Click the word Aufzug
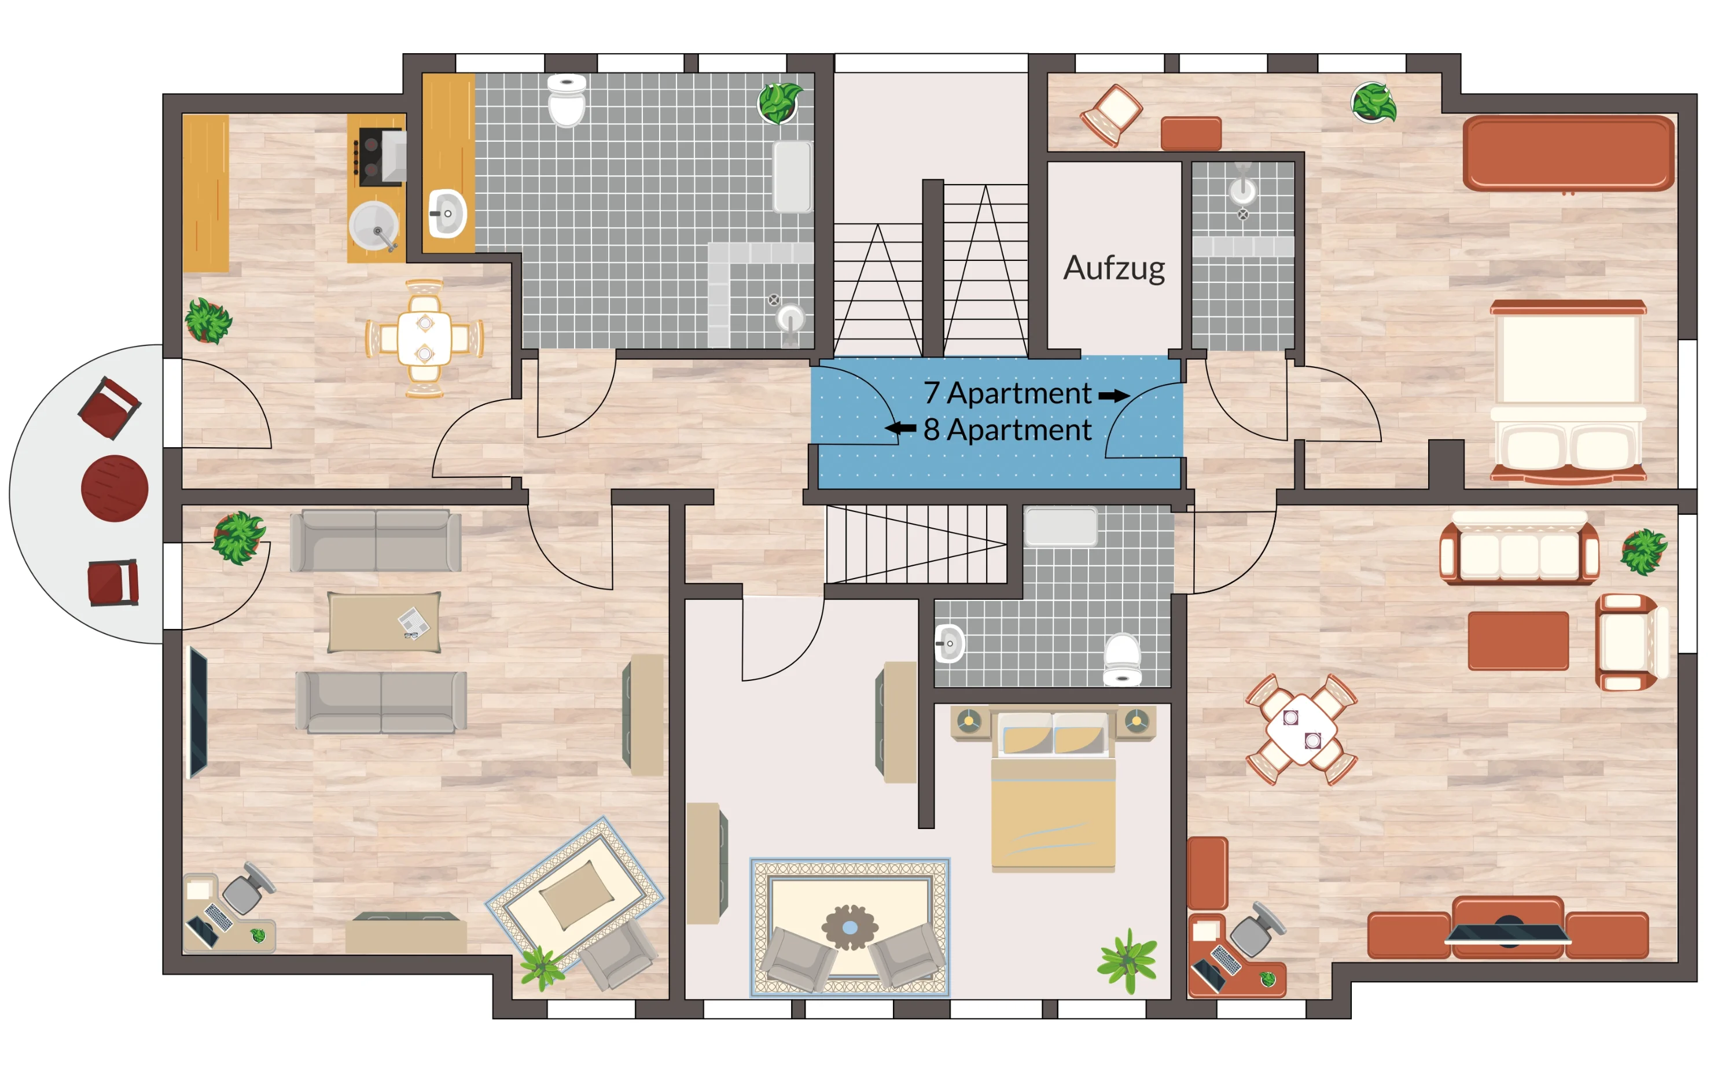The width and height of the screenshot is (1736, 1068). tap(1114, 269)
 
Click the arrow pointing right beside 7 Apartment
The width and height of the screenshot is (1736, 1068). tap(1114, 396)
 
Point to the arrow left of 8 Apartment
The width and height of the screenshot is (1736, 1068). tap(900, 428)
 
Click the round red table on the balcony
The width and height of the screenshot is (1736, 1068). tap(115, 488)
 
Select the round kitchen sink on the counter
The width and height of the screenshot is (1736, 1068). tap(374, 226)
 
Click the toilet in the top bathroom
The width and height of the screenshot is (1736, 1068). tap(567, 100)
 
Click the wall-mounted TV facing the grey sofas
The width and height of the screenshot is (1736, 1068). tap(198, 712)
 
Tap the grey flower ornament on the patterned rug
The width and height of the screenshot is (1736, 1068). tap(849, 927)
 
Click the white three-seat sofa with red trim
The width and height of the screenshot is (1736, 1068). tap(1519, 551)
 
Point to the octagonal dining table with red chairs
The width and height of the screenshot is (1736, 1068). tap(1301, 730)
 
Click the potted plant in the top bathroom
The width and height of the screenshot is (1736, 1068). tap(779, 103)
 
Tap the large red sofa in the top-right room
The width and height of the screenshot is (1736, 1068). tap(1568, 153)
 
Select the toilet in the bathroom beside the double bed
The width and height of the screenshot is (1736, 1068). tap(1122, 660)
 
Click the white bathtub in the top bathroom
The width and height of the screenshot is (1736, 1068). tap(792, 176)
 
